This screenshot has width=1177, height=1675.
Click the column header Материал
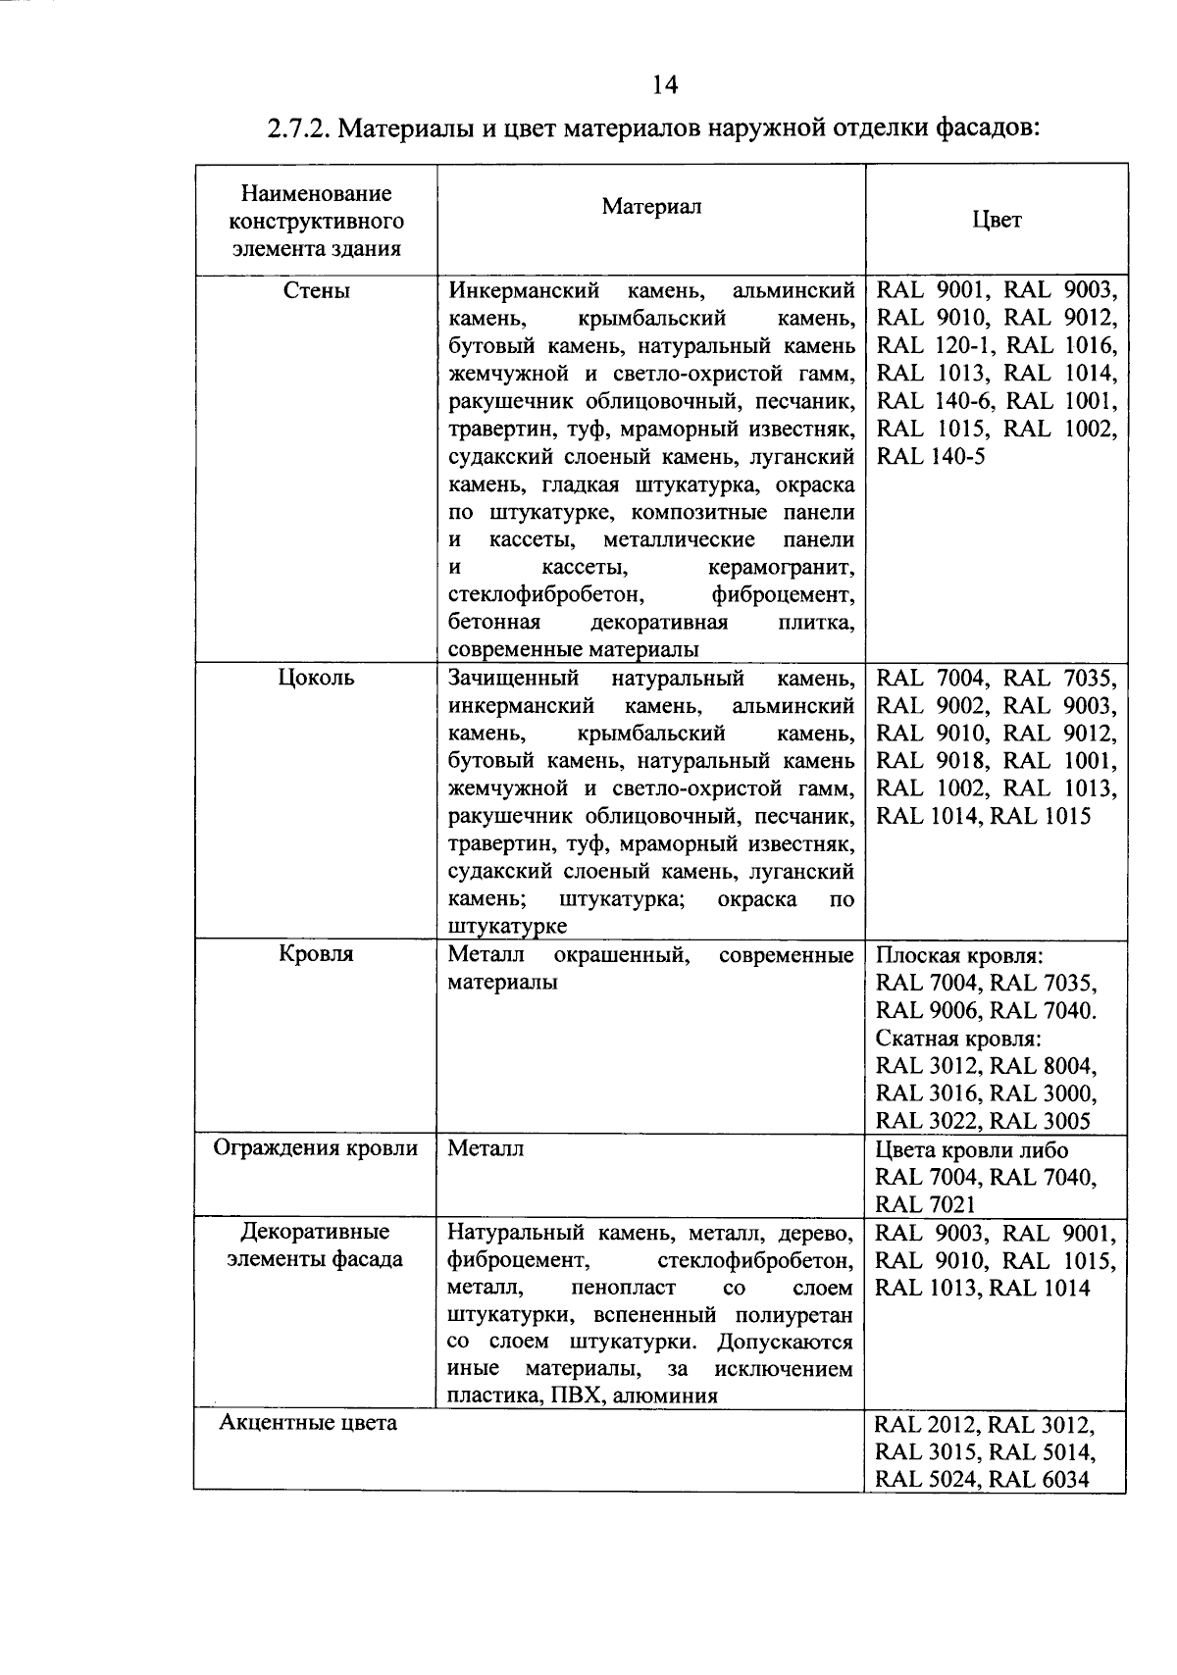pyautogui.click(x=651, y=206)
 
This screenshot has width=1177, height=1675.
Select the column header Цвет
pyautogui.click(x=997, y=220)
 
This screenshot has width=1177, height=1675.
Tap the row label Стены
pyautogui.click(x=316, y=290)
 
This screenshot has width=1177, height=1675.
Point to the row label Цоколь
pyautogui.click(x=316, y=678)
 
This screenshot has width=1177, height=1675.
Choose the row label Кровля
pyautogui.click(x=316, y=954)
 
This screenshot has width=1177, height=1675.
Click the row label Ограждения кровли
pyautogui.click(x=316, y=1148)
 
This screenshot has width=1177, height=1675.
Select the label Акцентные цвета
pyautogui.click(x=308, y=1423)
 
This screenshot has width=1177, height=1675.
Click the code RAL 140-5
pyautogui.click(x=931, y=456)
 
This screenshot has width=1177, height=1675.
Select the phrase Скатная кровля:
pyautogui.click(x=957, y=1039)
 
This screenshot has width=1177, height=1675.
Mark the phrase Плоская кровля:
pyautogui.click(x=958, y=956)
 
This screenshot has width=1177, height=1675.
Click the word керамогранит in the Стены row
pyautogui.click(x=780, y=568)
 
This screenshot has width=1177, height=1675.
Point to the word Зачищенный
pyautogui.click(x=512, y=679)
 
